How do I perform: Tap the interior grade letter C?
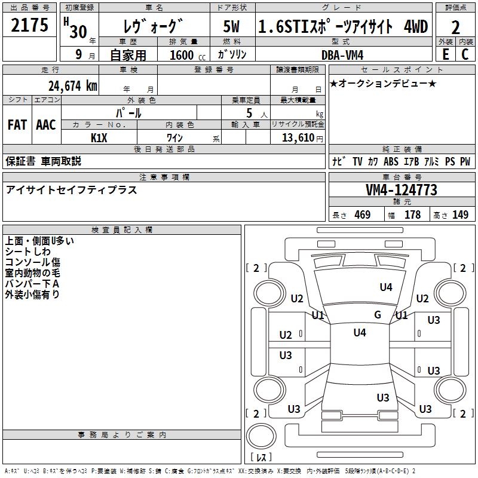point(465,54)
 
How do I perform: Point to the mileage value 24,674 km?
point(73,86)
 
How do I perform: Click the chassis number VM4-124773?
point(402,191)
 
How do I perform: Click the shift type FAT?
point(17,125)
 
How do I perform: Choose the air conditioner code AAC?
point(46,125)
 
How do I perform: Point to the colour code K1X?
point(99,137)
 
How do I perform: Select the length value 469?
point(362,215)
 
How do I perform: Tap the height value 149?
point(460,215)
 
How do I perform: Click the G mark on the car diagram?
point(378,315)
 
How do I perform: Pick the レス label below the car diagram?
point(261,458)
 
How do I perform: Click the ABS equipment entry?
point(391,162)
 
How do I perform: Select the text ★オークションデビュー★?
point(383,83)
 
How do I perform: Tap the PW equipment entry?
point(465,162)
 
